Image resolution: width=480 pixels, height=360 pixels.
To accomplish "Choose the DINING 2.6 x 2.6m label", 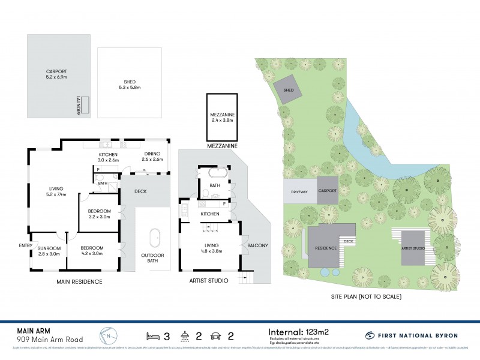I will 153,157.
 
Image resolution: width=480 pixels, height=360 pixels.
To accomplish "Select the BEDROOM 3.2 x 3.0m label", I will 100,214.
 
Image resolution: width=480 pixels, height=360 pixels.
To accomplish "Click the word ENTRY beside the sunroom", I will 25,245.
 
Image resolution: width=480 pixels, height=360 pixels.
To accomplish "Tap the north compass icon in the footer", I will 107,334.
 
